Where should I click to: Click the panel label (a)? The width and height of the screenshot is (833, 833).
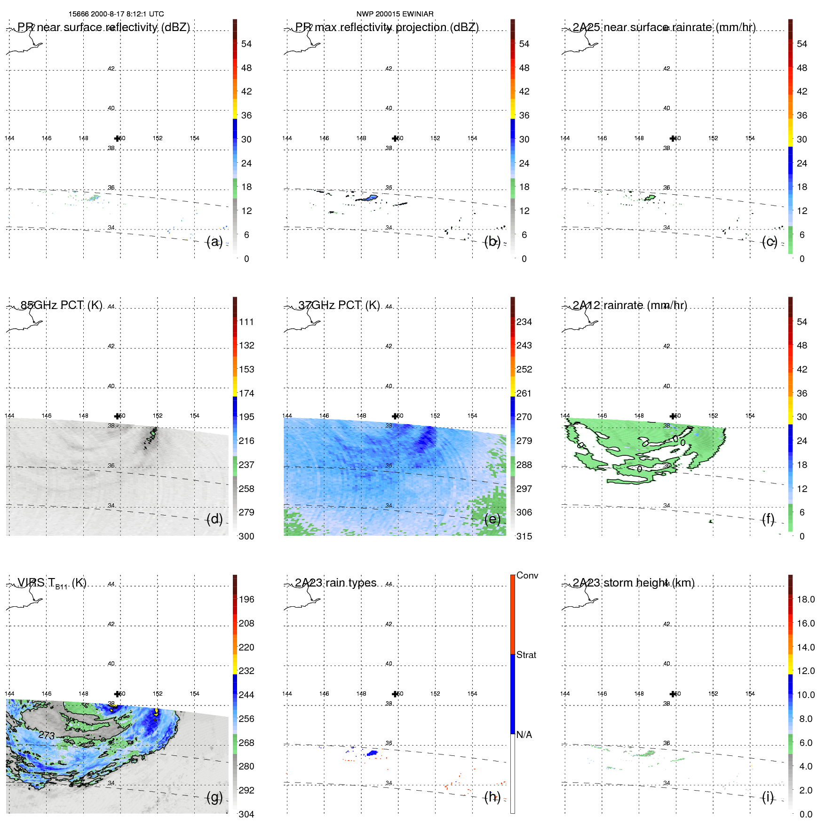[x=214, y=242]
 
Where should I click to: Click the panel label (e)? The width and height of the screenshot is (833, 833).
[x=492, y=519]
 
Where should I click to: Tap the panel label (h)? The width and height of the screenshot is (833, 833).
[x=492, y=797]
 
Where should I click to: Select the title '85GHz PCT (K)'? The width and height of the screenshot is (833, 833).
[x=61, y=305]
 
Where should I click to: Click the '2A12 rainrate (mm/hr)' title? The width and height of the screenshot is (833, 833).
[x=629, y=305]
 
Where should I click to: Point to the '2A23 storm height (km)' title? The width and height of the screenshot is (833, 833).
[x=633, y=583]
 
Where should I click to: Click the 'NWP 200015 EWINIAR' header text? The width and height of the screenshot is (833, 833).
[x=395, y=14]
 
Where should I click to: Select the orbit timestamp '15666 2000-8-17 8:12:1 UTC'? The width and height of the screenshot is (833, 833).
[x=116, y=14]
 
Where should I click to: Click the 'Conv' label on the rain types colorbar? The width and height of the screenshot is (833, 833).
[x=527, y=575]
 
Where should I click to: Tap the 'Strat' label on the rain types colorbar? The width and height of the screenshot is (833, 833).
[x=526, y=655]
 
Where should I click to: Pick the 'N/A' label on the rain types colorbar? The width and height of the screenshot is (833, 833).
[x=524, y=735]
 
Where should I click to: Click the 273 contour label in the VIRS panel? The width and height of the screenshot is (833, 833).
[x=47, y=735]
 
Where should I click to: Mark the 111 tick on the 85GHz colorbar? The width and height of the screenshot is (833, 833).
[x=246, y=322]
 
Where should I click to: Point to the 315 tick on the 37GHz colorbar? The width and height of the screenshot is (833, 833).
[x=524, y=536]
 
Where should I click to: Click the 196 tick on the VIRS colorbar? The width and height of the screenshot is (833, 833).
[x=246, y=599]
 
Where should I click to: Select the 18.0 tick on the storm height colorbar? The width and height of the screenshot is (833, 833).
[x=805, y=599]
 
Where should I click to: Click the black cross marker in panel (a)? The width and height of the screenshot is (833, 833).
[x=117, y=138]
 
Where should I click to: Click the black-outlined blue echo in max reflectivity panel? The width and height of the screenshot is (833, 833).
[x=370, y=198]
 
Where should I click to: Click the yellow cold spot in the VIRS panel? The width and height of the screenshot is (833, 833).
[x=156, y=712]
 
